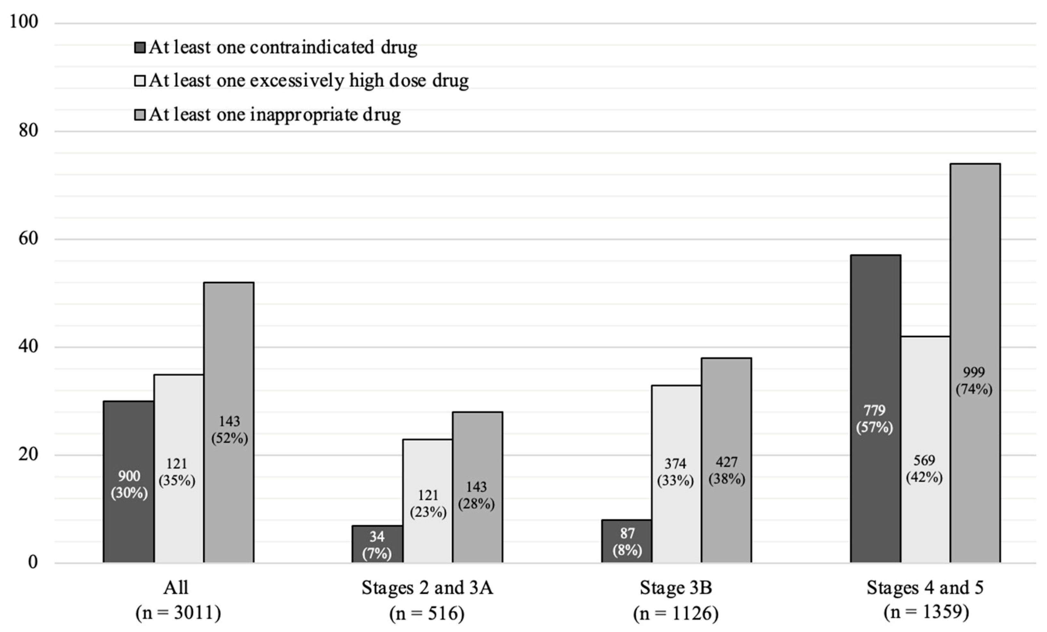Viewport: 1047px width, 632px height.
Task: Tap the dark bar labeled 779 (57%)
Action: (875, 408)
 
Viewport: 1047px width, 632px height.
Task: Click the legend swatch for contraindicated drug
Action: (140, 47)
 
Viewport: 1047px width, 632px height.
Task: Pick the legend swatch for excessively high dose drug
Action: (140, 81)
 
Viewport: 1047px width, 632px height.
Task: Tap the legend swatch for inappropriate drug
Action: (140, 115)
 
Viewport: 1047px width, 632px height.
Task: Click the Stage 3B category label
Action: (676, 588)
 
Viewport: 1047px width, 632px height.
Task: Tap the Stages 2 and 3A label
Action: (427, 588)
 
